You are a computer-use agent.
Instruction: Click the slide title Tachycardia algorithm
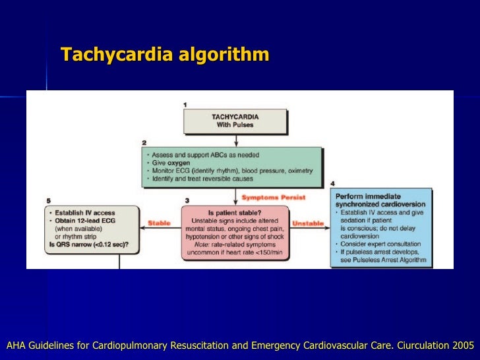(165, 54)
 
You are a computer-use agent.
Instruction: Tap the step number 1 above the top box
(185, 105)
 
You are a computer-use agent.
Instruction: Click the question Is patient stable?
(235, 212)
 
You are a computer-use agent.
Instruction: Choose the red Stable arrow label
(160, 223)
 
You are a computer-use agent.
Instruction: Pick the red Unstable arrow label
(308, 223)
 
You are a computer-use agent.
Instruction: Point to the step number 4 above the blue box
(332, 183)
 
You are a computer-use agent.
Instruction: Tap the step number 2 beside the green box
(144, 142)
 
